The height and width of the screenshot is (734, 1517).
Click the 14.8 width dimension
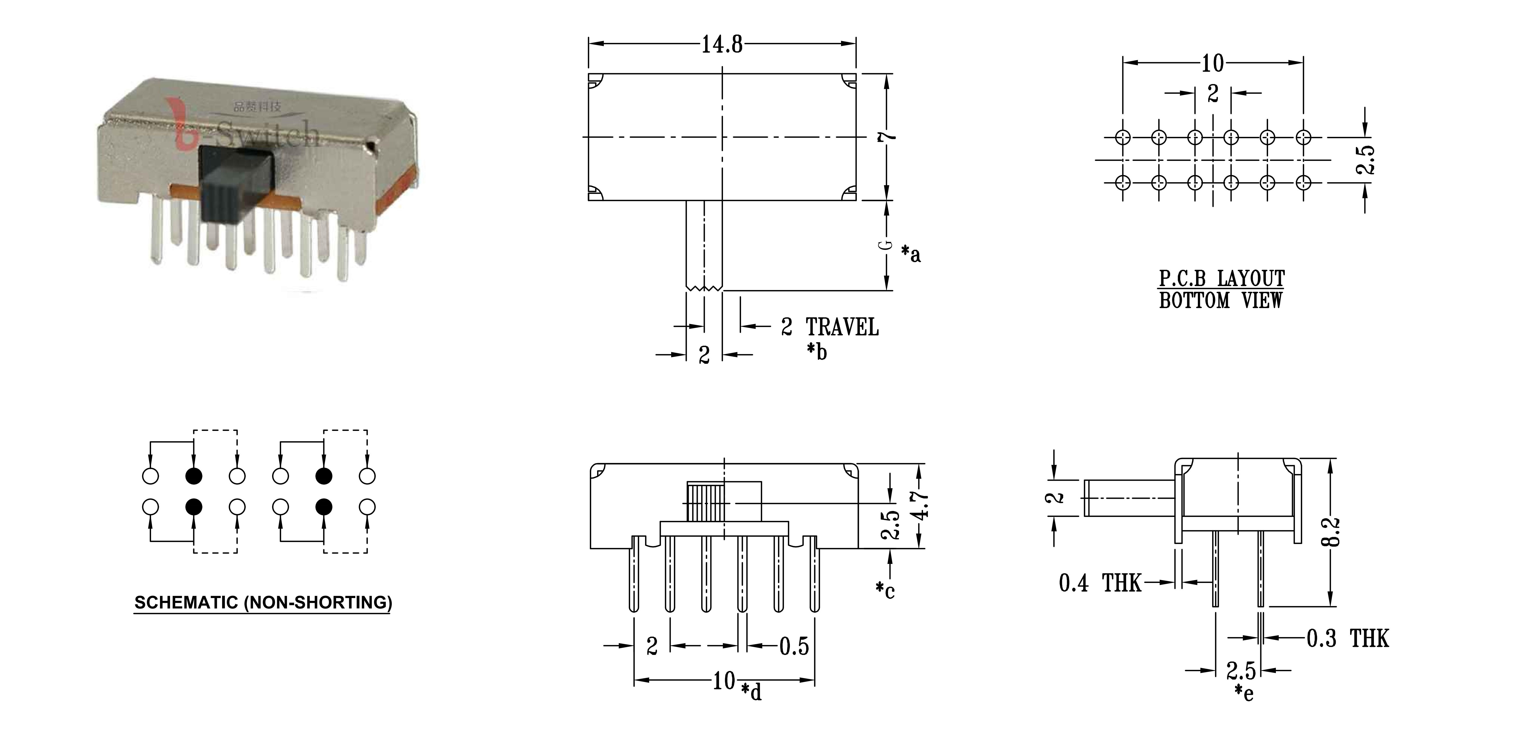point(722,44)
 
